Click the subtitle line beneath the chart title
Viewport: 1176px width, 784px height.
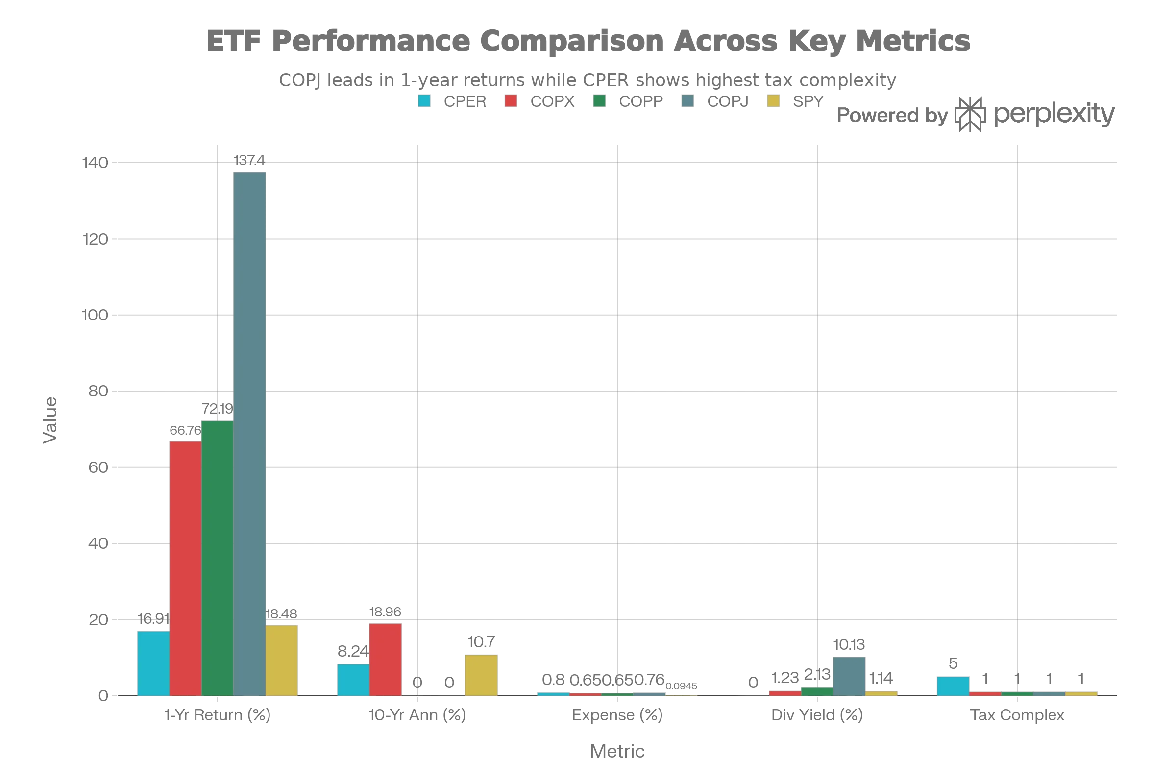coord(588,79)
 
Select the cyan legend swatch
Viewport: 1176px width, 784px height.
coord(423,102)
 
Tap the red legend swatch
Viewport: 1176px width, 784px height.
coord(510,102)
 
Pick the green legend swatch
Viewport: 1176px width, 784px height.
coord(599,102)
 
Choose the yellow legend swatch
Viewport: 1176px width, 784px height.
coord(773,102)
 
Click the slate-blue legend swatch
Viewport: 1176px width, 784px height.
coord(686,102)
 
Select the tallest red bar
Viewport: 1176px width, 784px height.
coord(185,567)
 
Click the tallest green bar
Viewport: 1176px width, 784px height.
coord(217,558)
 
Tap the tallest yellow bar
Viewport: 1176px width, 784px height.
coord(281,660)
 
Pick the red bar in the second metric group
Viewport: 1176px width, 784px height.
coord(386,659)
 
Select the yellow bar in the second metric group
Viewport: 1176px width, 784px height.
coord(481,675)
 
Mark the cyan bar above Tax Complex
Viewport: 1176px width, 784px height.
coord(953,686)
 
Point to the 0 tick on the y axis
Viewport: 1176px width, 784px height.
coord(103,696)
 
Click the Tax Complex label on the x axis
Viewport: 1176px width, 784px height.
coord(1018,715)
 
